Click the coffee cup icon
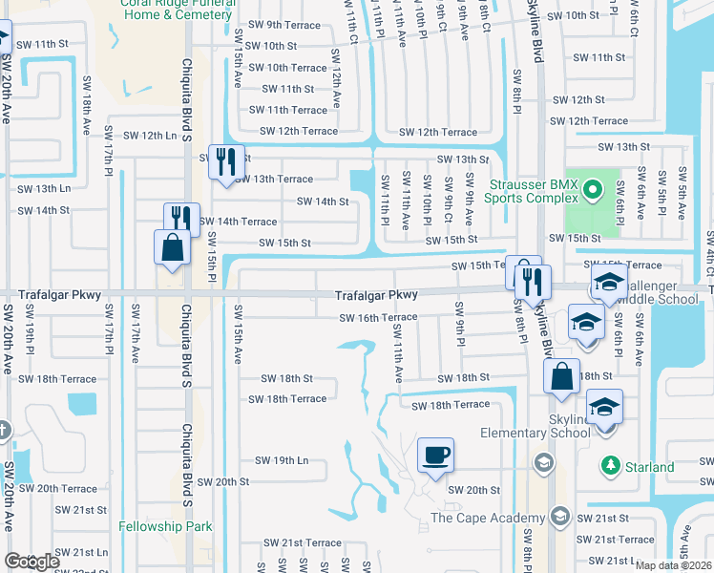(x=435, y=454)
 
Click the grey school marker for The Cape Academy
(x=560, y=518)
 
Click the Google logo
(x=31, y=561)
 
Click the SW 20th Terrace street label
(x=66, y=488)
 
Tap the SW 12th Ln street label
(x=151, y=136)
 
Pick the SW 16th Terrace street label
(x=379, y=317)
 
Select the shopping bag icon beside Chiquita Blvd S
(x=170, y=246)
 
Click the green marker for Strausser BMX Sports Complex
(x=592, y=189)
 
